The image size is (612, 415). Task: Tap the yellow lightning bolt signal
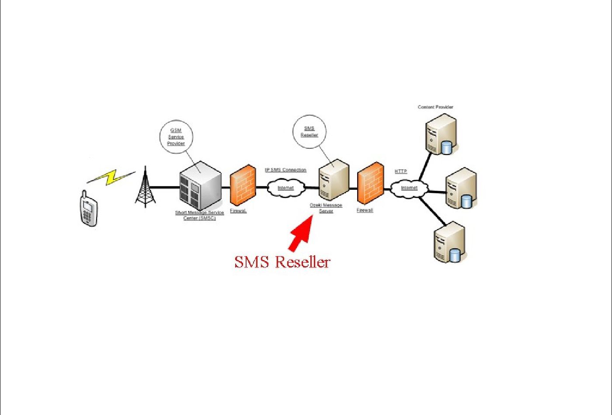pos(112,177)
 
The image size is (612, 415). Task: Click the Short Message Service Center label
pos(199,215)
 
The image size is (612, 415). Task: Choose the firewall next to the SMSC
pos(243,185)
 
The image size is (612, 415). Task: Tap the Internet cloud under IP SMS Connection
pos(285,188)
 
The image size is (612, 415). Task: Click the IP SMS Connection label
pos(285,170)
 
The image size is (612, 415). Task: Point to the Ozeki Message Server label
pos(326,208)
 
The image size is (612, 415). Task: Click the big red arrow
pos(300,234)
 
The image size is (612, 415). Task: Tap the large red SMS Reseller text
pos(282,262)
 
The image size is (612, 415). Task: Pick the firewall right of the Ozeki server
pos(371,183)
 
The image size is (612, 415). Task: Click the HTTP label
pos(401,171)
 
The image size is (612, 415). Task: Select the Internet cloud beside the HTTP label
pos(409,188)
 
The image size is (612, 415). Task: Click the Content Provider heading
pos(435,107)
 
